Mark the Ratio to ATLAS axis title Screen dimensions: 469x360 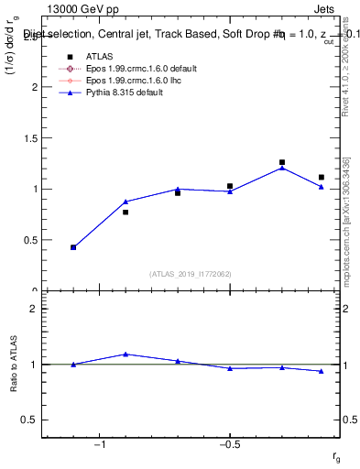click(x=13, y=365)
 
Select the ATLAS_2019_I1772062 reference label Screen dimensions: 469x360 click(x=191, y=274)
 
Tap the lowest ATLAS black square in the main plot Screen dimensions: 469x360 click(x=73, y=247)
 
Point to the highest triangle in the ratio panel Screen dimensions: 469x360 click(x=125, y=354)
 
